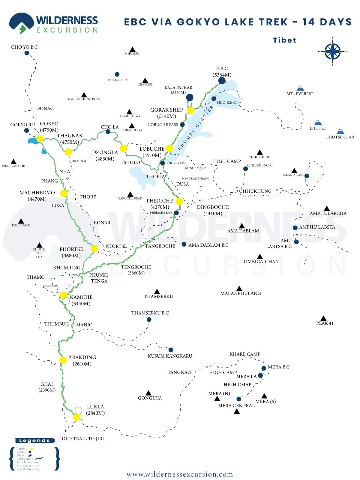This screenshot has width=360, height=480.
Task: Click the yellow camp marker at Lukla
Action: (x=77, y=417)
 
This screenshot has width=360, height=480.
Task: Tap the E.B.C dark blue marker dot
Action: (x=222, y=81)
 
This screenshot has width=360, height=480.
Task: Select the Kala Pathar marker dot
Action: (x=190, y=97)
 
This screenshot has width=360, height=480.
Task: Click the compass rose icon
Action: (x=332, y=51)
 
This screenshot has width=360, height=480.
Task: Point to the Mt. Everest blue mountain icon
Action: (x=300, y=88)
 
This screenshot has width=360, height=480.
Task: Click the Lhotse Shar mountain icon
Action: (x=340, y=131)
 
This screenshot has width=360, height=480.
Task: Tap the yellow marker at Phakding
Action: (x=63, y=360)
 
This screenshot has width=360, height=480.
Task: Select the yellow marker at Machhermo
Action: (x=64, y=193)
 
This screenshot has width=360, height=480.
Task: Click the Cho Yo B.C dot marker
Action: (x=27, y=53)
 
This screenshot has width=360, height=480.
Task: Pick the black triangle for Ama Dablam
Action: (x=242, y=226)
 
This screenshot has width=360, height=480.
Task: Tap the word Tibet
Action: (x=284, y=40)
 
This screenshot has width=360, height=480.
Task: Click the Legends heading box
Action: (x=34, y=440)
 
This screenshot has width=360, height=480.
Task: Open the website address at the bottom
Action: (x=180, y=474)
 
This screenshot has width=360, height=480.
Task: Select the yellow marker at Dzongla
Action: (x=123, y=148)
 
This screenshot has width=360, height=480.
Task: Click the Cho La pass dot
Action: (x=108, y=132)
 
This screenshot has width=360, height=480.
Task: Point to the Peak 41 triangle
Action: (x=323, y=318)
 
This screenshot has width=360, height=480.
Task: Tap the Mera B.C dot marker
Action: (x=264, y=368)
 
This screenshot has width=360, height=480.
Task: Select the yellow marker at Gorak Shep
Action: (x=190, y=110)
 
